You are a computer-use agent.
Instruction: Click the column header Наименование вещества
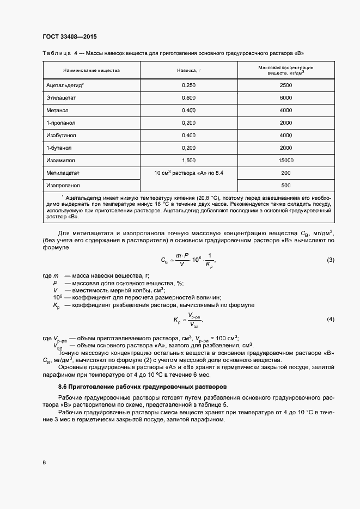[91, 71]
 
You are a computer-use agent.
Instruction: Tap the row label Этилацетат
[61, 97]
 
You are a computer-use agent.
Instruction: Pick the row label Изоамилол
[60, 160]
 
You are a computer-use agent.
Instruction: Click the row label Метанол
[58, 110]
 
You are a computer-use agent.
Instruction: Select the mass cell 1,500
[189, 160]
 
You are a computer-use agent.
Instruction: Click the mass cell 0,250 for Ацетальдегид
[189, 85]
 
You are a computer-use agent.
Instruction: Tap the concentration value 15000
[285, 160]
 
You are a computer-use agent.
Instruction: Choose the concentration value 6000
[285, 97]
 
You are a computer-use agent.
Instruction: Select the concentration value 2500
[285, 85]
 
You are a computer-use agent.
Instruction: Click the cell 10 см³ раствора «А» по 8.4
[189, 173]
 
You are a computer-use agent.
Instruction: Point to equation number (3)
[330, 260]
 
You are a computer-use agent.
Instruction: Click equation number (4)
[330, 318]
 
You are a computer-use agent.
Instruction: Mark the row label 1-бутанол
[60, 148]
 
